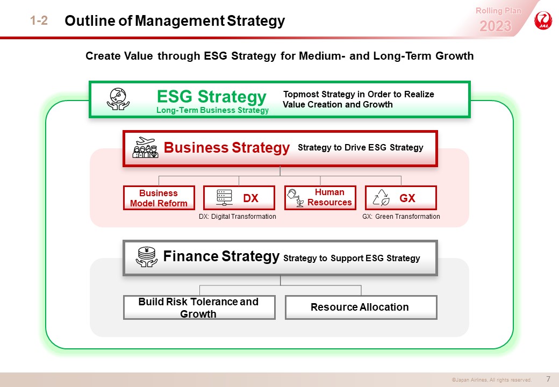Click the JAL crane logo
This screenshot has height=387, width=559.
coord(543,20)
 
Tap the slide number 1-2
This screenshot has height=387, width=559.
coord(39,20)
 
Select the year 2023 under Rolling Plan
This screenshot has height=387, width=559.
coord(495,26)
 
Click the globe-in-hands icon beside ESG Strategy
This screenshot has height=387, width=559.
coord(118,99)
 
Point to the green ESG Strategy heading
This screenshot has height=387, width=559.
coord(211,96)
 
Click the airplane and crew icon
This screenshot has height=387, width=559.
coord(145,147)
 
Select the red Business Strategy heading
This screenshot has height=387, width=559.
coord(226,147)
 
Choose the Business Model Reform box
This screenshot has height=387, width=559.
coord(159,198)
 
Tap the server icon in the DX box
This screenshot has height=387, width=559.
coord(224,197)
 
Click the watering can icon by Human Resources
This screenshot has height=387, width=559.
coord(296,198)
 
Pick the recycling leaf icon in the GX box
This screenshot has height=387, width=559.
coord(381,197)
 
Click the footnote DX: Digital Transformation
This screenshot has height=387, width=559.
coord(238,216)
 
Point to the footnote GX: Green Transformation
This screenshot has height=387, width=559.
coord(401,216)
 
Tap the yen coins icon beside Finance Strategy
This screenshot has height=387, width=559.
coord(147,257)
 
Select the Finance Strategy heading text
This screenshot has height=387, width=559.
coord(221,256)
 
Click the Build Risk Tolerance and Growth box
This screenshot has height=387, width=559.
coord(199,307)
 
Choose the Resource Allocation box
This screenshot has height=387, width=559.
coord(361,307)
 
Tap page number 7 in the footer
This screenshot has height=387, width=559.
coord(548,379)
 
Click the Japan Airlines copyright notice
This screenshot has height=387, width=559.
coord(492,380)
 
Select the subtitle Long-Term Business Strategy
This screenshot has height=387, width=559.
coord(212,110)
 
